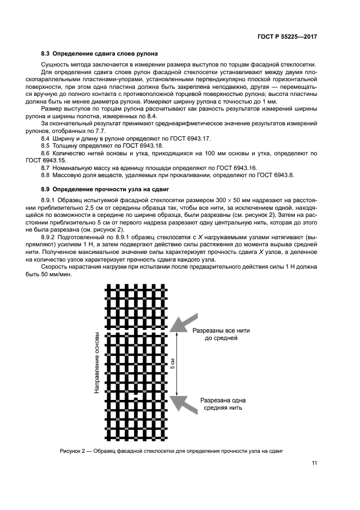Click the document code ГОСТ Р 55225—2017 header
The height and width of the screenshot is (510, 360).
tap(287, 36)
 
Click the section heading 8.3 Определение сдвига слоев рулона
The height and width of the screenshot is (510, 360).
tap(100, 54)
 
